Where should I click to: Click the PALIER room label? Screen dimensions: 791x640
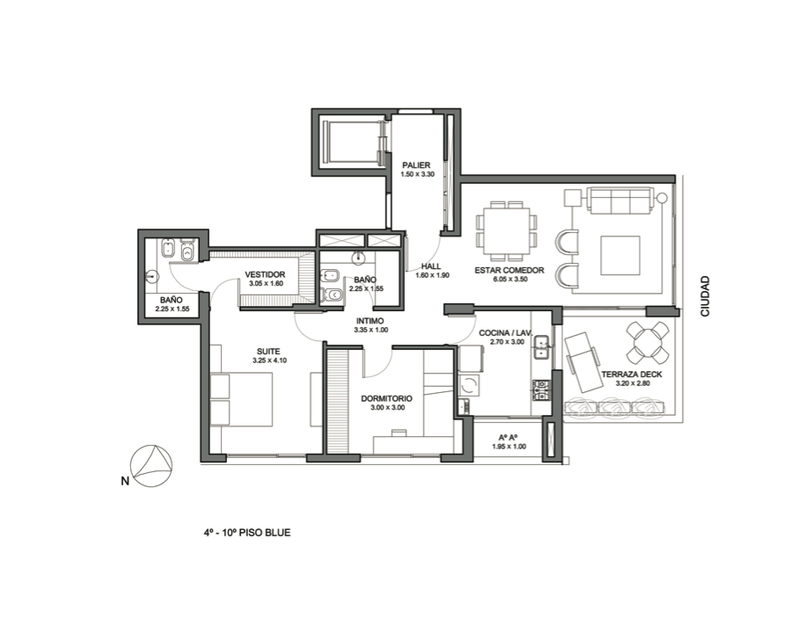[x=416, y=165]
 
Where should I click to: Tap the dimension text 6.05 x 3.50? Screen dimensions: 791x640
[x=509, y=280]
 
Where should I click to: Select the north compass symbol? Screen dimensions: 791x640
[x=151, y=466]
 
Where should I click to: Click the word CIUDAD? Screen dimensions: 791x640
[x=705, y=296]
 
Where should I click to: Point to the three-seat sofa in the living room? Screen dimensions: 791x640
[x=620, y=200]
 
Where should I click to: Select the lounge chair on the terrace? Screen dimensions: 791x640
[x=582, y=361]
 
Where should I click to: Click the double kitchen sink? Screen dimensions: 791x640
[x=542, y=347]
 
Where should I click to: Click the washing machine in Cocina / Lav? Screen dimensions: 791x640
[x=469, y=386]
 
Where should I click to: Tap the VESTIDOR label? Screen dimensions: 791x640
[x=265, y=274]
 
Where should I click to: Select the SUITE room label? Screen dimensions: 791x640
[x=268, y=352]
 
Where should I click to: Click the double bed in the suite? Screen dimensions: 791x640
[x=242, y=399]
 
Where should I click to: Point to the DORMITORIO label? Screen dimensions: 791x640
[x=386, y=398]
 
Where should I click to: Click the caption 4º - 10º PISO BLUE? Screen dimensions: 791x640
[x=247, y=532]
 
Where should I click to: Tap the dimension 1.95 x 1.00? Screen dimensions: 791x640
[x=509, y=447]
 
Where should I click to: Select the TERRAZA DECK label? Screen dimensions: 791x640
[x=632, y=375]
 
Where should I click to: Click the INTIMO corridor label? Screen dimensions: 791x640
[x=370, y=321]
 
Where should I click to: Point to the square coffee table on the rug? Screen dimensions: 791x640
[x=620, y=255]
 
